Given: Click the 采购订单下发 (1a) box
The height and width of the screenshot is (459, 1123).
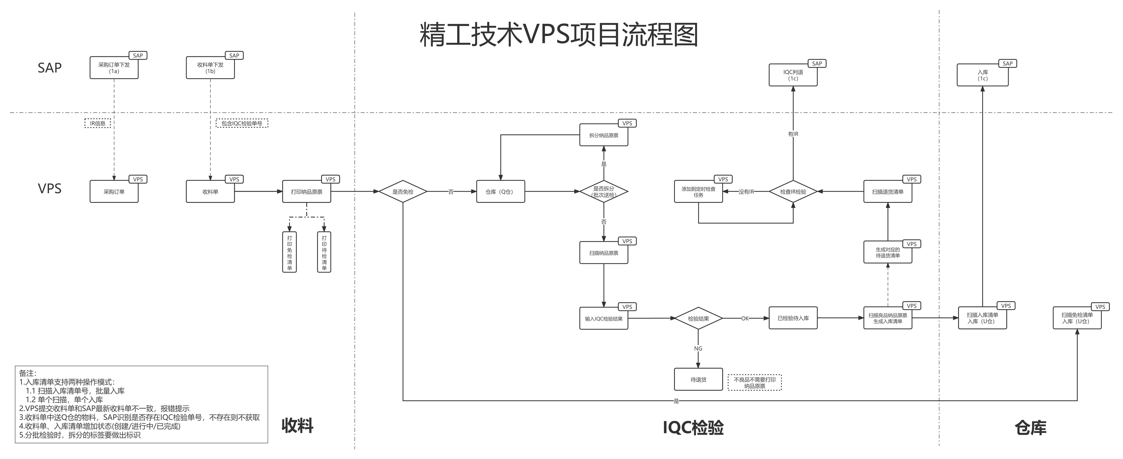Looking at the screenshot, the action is pyautogui.click(x=114, y=68).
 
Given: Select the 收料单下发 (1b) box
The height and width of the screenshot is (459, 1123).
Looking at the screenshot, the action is pyautogui.click(x=210, y=68).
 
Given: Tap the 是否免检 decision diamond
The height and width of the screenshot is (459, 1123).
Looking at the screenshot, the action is pyautogui.click(x=403, y=191).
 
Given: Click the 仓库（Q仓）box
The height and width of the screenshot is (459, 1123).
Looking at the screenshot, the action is pyautogui.click(x=500, y=191).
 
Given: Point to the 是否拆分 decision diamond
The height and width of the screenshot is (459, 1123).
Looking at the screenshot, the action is pyautogui.click(x=604, y=191).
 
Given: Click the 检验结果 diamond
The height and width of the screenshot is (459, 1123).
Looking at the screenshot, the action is pyautogui.click(x=698, y=318).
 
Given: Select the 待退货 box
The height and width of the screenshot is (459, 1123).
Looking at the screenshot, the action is pyautogui.click(x=698, y=379).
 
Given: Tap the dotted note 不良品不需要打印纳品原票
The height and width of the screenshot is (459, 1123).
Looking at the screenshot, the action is pyautogui.click(x=755, y=382).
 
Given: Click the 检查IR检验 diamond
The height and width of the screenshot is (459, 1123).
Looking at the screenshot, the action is pyautogui.click(x=793, y=191).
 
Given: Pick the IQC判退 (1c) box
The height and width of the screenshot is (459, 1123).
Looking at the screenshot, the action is pyautogui.click(x=793, y=75).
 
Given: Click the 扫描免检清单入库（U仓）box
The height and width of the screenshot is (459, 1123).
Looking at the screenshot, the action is pyautogui.click(x=1077, y=318).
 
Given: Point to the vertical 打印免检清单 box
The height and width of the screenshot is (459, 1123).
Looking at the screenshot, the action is pyautogui.click(x=289, y=252).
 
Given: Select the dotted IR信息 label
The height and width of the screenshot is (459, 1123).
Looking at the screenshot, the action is pyautogui.click(x=98, y=123).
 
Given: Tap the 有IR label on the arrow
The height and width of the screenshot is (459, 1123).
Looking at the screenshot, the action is pyautogui.click(x=793, y=134).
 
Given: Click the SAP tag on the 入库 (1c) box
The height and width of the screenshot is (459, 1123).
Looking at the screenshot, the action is pyautogui.click(x=1007, y=64).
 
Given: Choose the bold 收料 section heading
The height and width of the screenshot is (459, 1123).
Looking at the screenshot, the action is pyautogui.click(x=297, y=425).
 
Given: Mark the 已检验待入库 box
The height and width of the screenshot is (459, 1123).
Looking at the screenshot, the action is pyautogui.click(x=793, y=318).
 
